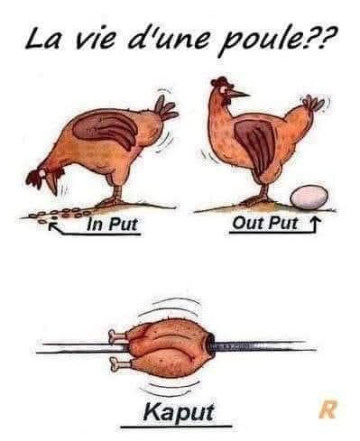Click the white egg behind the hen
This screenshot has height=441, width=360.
click(309, 198)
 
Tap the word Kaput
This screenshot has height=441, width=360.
click(179, 412)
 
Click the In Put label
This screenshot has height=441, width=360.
click(113, 224)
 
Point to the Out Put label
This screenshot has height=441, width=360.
click(264, 223)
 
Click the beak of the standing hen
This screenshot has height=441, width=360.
click(239, 94)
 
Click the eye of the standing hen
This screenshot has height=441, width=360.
click(224, 89)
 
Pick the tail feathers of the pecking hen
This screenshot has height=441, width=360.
click(166, 108)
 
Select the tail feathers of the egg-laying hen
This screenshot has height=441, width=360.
click(313, 103)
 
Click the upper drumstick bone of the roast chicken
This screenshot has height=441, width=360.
click(117, 336)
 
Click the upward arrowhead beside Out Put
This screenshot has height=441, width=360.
click(316, 222)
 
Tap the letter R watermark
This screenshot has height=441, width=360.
click(328, 410)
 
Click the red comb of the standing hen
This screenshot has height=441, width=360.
click(221, 81)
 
